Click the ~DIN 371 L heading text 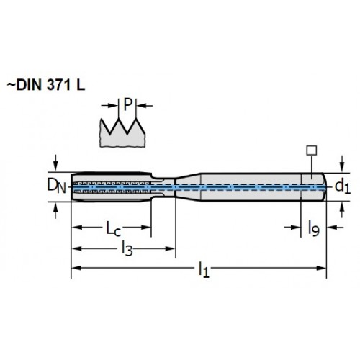(x=45, y=85)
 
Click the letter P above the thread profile (x=127, y=104)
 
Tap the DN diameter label (x=56, y=186)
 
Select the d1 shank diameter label (x=343, y=186)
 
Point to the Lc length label (x=114, y=228)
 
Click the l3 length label (x=127, y=248)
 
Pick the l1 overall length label (x=204, y=269)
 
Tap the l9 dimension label (x=314, y=228)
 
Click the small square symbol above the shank (x=312, y=150)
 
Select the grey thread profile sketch (x=122, y=132)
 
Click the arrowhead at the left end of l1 (x=77, y=268)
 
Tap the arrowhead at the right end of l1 (x=321, y=268)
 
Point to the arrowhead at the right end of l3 (x=170, y=248)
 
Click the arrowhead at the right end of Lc (x=146, y=227)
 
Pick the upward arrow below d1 (x=342, y=210)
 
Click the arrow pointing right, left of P (x=109, y=105)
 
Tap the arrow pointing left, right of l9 (x=335, y=227)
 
